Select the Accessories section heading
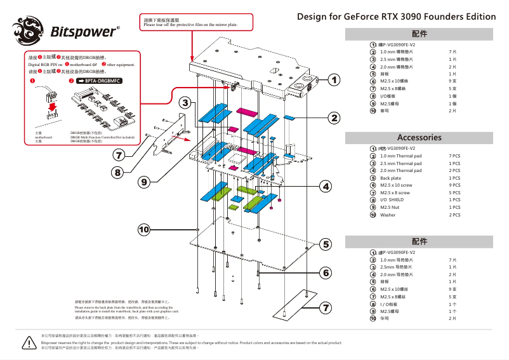419,137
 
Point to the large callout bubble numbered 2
334,117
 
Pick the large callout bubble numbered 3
185,103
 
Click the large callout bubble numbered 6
326,272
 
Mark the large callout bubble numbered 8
117,172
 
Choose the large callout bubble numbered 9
145,182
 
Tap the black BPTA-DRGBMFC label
98,81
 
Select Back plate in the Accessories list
390,178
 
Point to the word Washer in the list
387,215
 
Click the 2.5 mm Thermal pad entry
400,163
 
